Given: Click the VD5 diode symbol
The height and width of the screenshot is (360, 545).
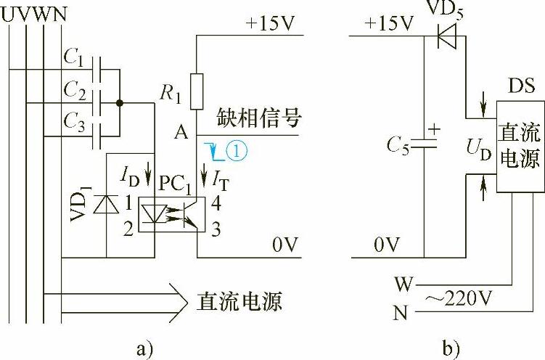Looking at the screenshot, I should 451,34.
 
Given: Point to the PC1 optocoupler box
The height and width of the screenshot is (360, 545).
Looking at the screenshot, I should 175,215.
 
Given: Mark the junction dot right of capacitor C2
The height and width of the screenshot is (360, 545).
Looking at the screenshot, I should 120,103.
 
